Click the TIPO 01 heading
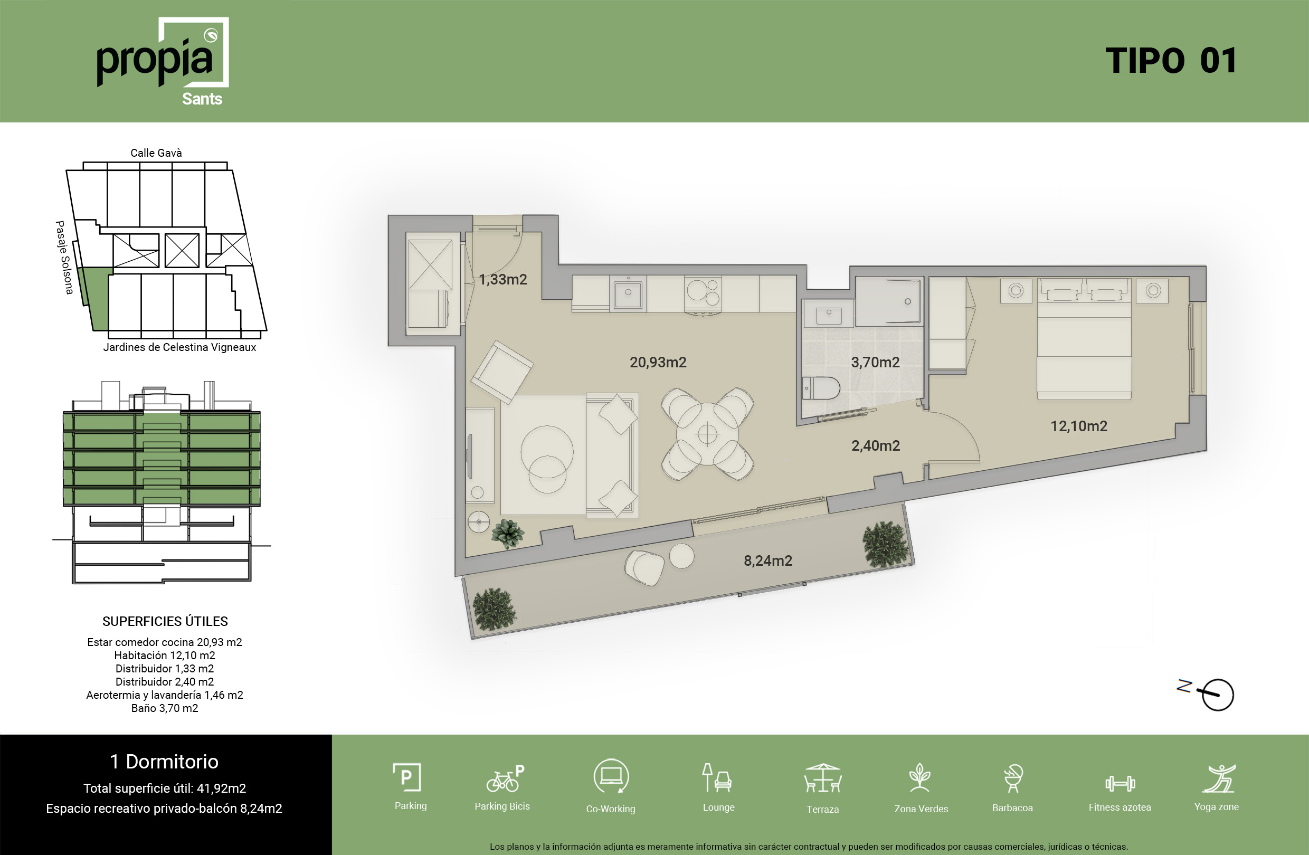tap(1171, 61)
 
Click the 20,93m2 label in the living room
tap(658, 363)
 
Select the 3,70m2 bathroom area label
tap(875, 363)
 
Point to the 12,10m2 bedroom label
tap(1078, 426)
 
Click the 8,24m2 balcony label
tap(768, 561)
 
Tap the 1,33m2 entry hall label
tap(502, 279)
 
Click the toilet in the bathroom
tap(821, 388)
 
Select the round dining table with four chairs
tap(707, 434)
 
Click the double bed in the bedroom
tap(1084, 339)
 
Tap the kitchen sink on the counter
tap(628, 293)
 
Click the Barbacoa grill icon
tap(1012, 778)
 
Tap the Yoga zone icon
tap(1219, 778)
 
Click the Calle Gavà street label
tap(156, 153)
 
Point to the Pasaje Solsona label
tap(64, 258)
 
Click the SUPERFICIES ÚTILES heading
tap(165, 621)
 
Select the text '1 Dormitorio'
tap(164, 762)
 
